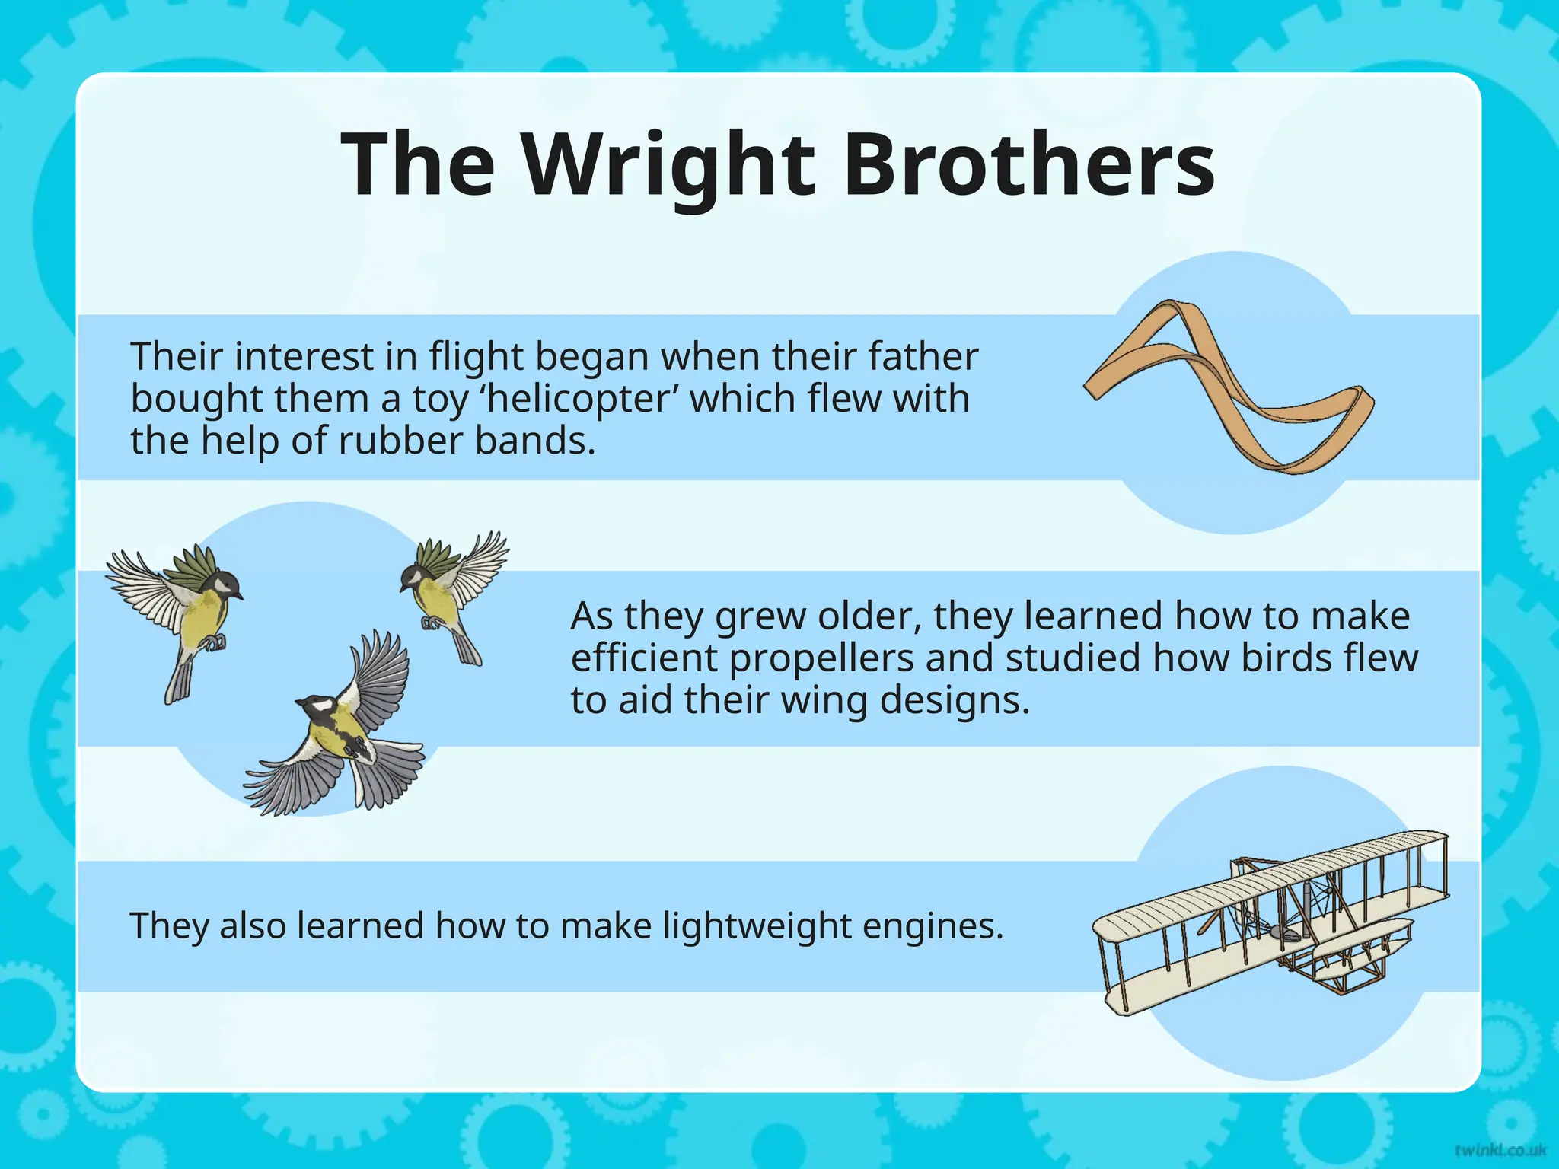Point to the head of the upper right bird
pos(415,576)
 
